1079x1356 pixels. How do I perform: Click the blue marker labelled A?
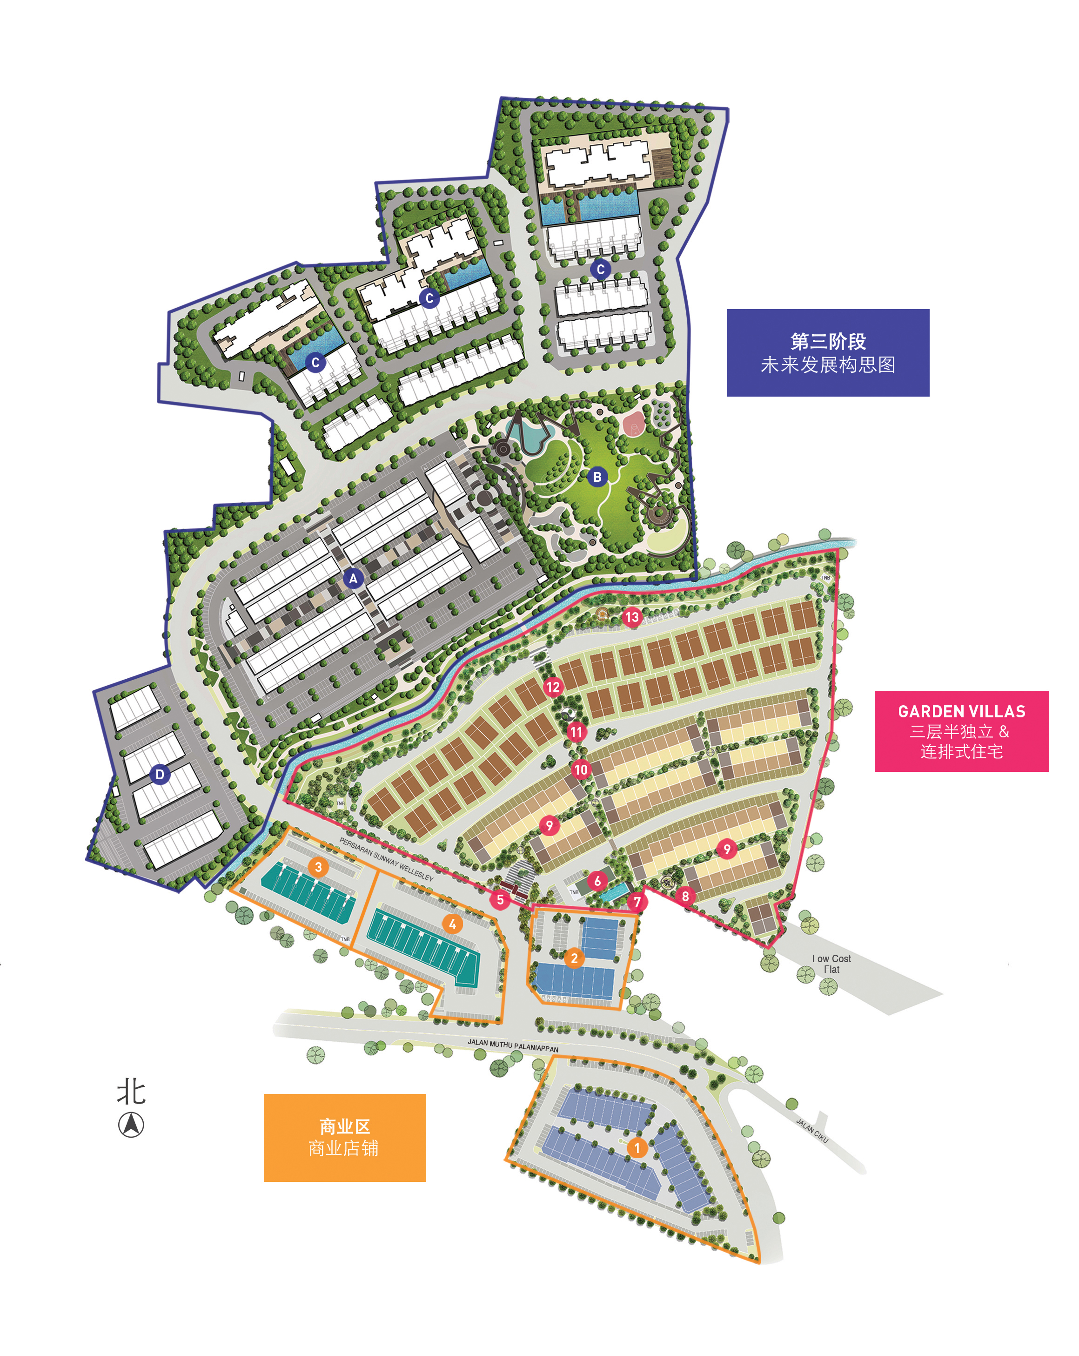[353, 579]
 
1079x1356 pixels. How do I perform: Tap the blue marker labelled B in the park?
[597, 477]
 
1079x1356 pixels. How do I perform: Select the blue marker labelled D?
[160, 774]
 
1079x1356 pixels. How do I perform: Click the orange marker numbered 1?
[637, 1148]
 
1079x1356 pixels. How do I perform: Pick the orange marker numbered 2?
[573, 958]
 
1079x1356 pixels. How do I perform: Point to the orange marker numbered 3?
[318, 867]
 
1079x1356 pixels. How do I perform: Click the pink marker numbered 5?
[500, 899]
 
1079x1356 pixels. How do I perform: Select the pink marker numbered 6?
[597, 881]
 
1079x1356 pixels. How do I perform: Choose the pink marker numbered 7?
[637, 902]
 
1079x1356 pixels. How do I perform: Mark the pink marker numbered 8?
[685, 896]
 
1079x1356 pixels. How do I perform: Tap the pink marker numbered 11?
[576, 731]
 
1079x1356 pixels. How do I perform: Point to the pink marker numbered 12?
[553, 687]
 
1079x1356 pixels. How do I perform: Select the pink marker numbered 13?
[631, 617]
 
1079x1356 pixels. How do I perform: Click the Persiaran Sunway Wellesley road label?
[386, 858]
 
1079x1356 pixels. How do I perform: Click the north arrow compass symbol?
[131, 1125]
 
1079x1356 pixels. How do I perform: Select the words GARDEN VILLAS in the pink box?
[961, 711]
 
